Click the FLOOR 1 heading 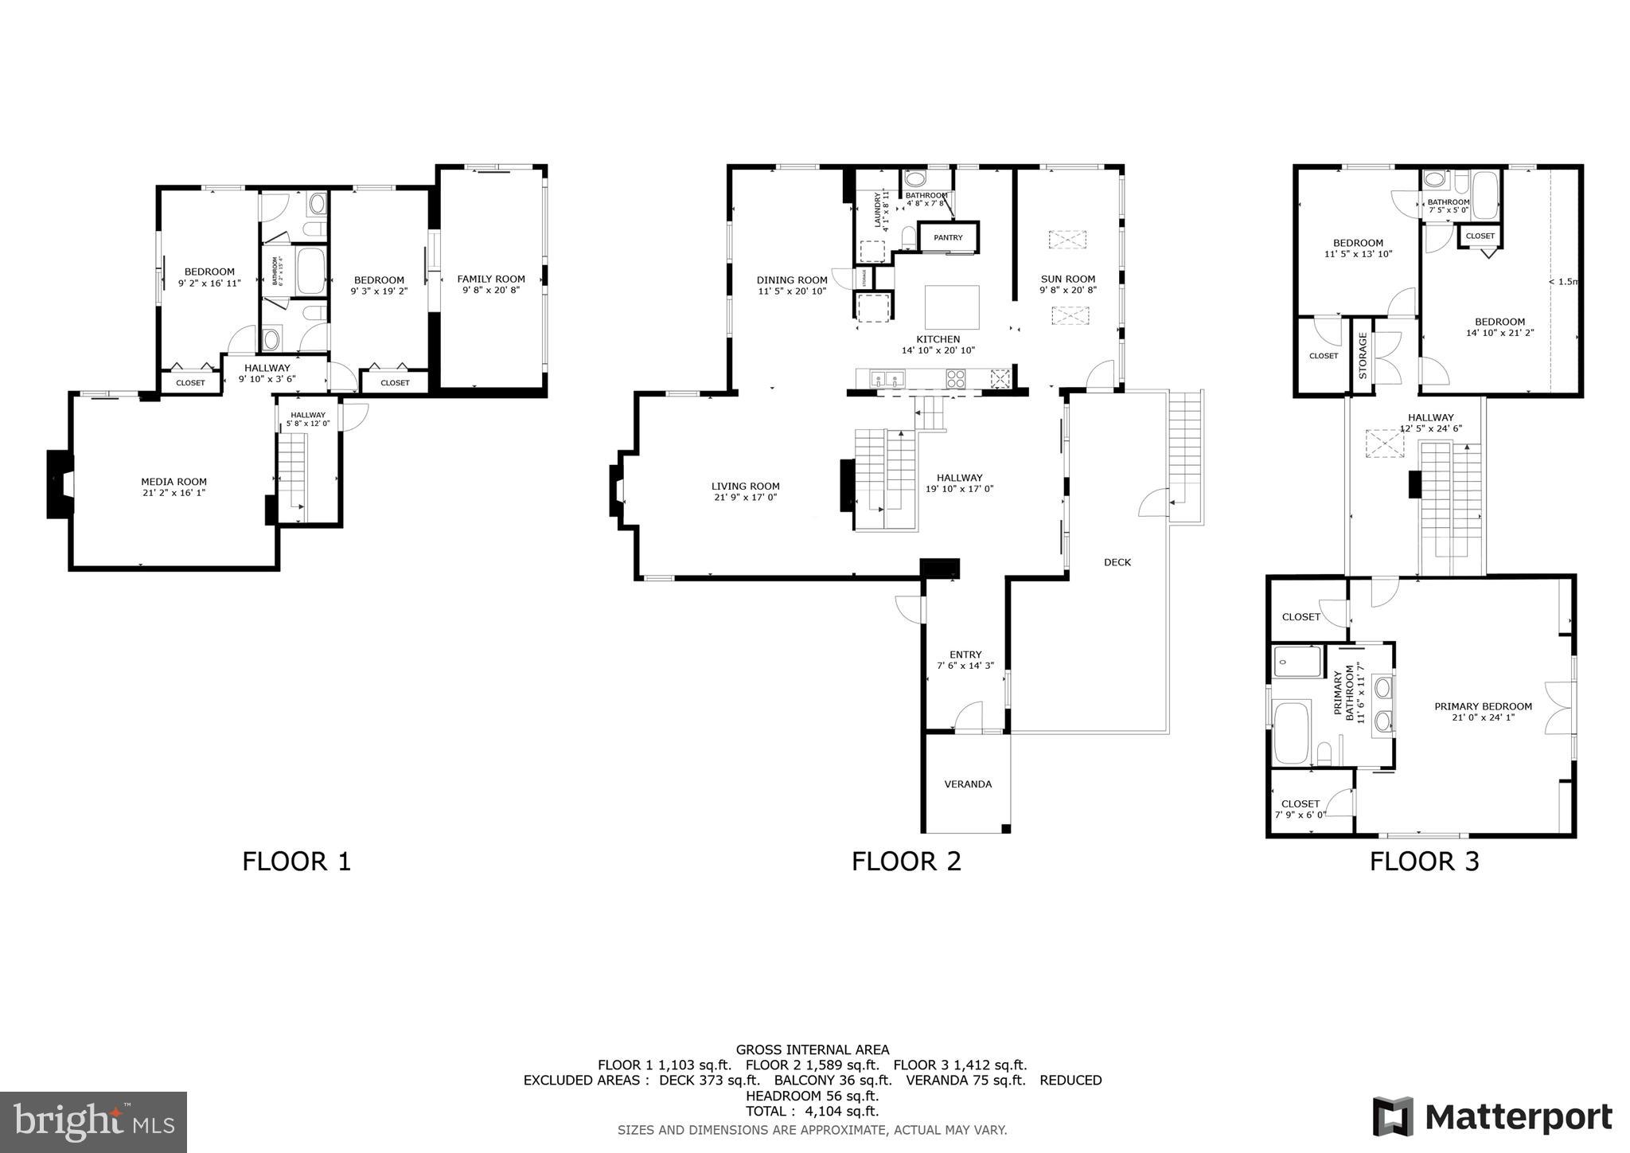296,862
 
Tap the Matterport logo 1492,1117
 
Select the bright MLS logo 93,1122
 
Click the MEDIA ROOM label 174,482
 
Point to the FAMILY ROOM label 490,279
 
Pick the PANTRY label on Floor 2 948,237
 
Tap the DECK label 1117,562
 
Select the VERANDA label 967,784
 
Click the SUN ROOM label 1067,279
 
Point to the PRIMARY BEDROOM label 1483,706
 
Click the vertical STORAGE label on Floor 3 1363,355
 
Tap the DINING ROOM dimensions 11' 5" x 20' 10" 791,291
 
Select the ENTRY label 965,655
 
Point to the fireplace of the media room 60,484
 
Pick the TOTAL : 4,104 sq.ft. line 812,1112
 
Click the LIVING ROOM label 745,486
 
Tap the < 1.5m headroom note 1562,281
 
